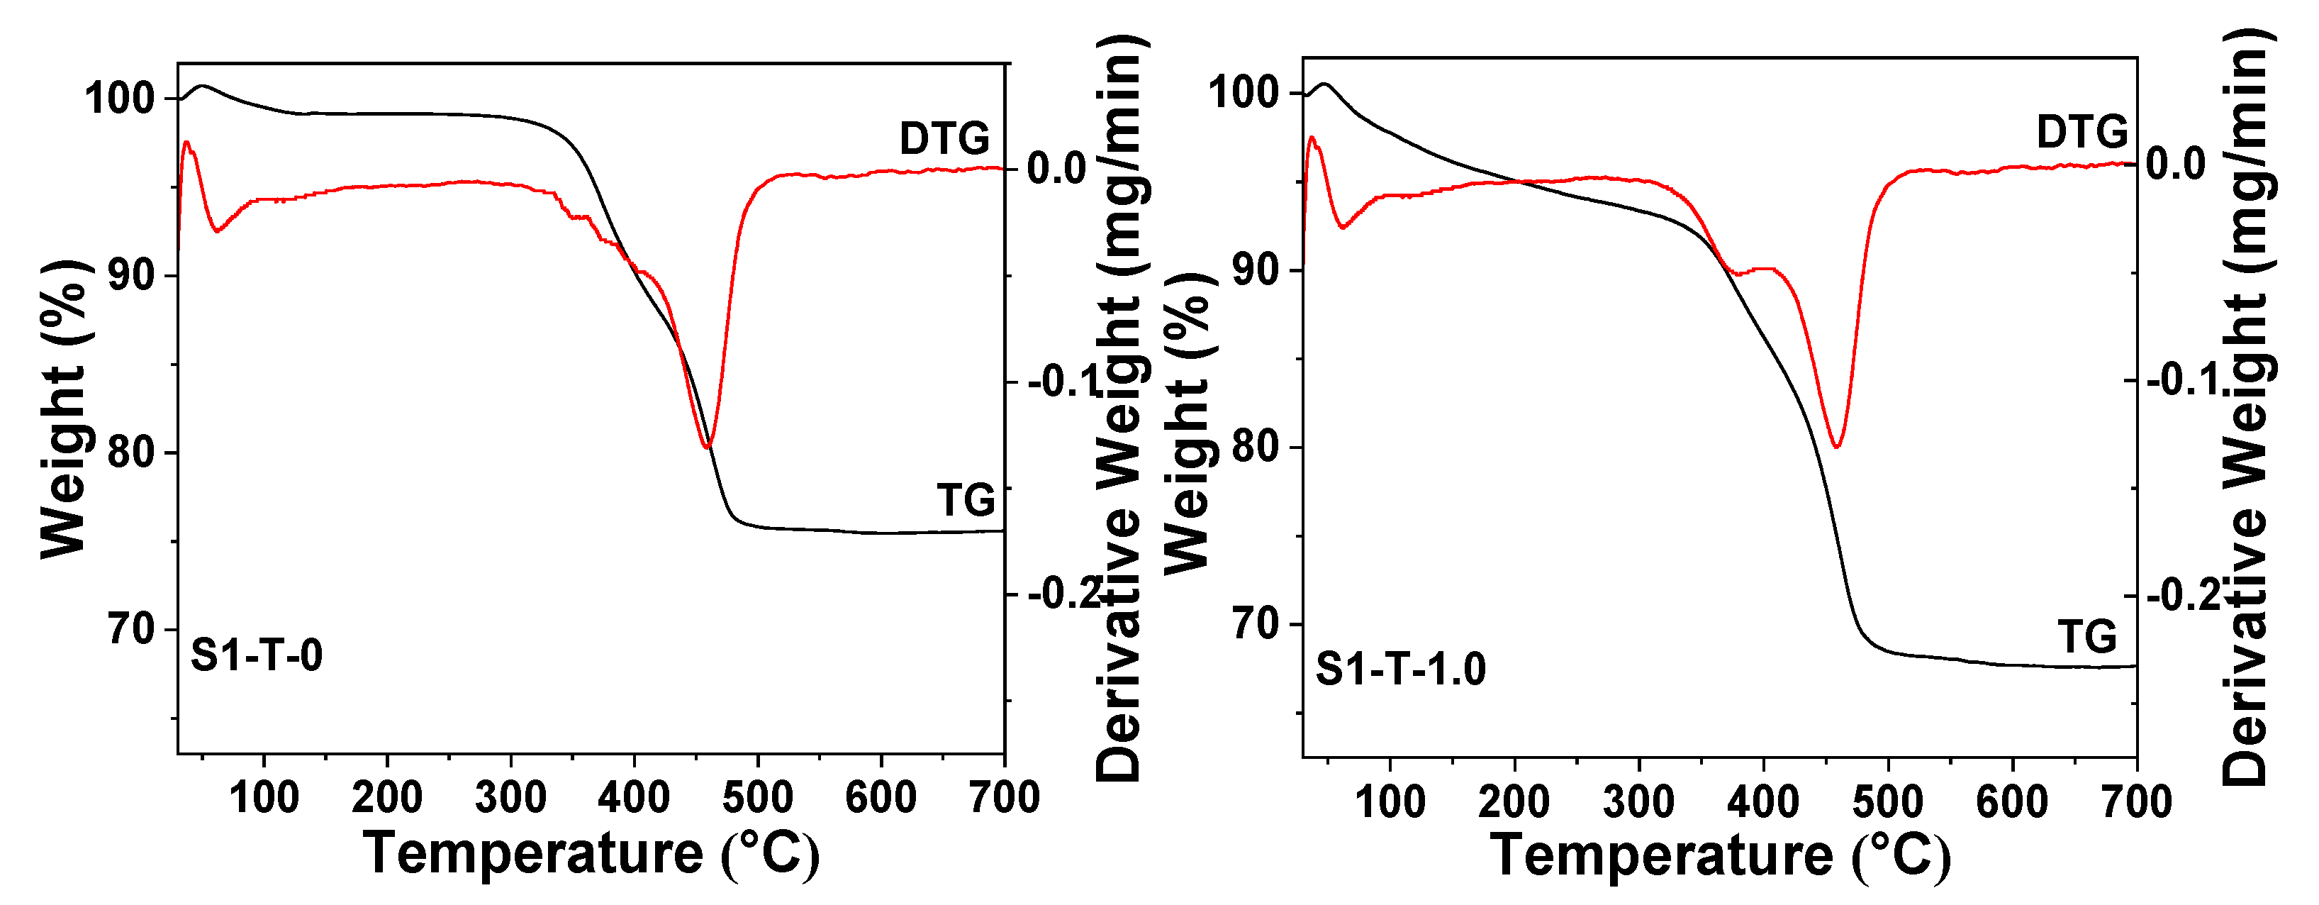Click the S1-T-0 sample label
pyautogui.click(x=257, y=655)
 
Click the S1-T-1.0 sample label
pyautogui.click(x=1400, y=669)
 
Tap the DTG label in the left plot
pyautogui.click(x=944, y=139)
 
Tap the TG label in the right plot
pyautogui.click(x=2086, y=638)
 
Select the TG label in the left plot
pyautogui.click(x=966, y=501)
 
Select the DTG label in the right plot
pyautogui.click(x=2081, y=133)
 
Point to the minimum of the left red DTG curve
pyautogui.click(x=707, y=447)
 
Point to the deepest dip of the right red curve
pyautogui.click(x=1836, y=445)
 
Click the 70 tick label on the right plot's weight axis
pyautogui.click(x=1255, y=623)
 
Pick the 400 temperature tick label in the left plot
pyautogui.click(x=634, y=798)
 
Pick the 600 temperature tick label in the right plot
pyautogui.click(x=2012, y=801)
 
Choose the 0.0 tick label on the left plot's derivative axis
pyautogui.click(x=1057, y=168)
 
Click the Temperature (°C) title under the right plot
pyautogui.click(x=1719, y=855)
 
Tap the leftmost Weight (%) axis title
pyautogui.click(x=65, y=410)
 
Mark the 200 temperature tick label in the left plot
pyautogui.click(x=387, y=798)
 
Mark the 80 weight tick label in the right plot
pyautogui.click(x=1255, y=447)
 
